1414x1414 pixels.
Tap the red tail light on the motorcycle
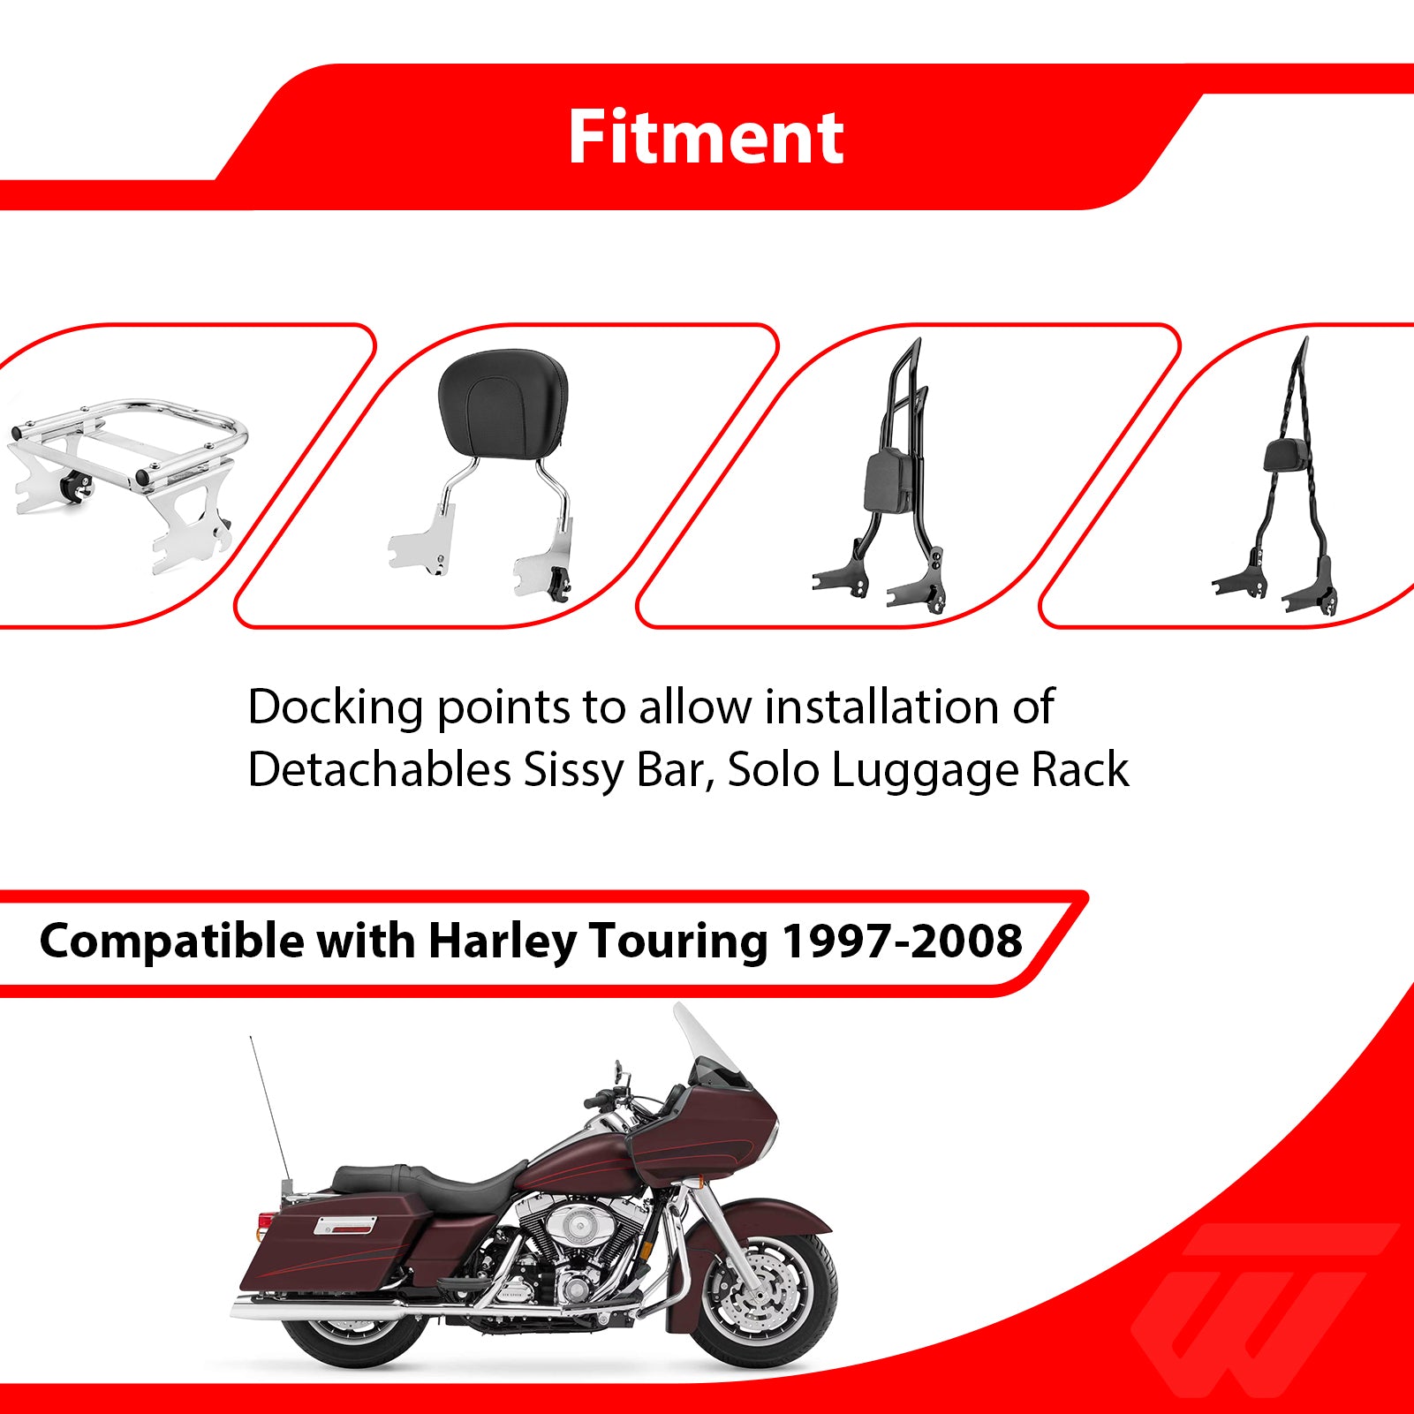264,1221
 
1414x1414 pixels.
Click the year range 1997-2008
902,941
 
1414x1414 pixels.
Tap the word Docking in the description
335,707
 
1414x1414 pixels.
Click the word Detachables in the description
379,770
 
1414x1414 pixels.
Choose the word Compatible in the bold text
172,941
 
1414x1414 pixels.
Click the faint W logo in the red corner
1263,1298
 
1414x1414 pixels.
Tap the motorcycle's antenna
268,1113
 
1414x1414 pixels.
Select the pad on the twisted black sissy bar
1283,456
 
